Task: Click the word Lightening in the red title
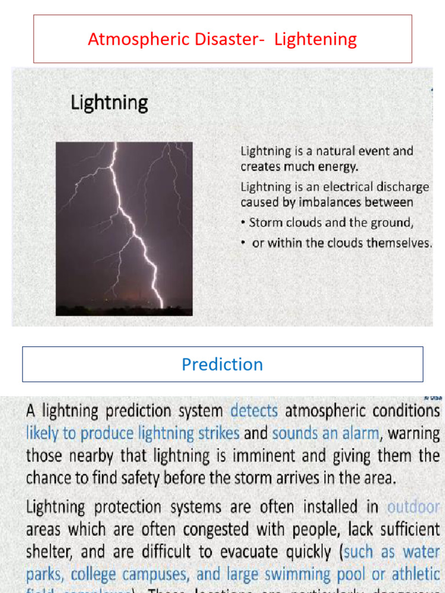pyautogui.click(x=315, y=39)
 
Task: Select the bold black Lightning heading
pyautogui.click(x=110, y=103)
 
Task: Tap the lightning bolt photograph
pyautogui.click(x=124, y=229)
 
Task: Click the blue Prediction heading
pyautogui.click(x=222, y=364)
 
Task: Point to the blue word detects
pyautogui.click(x=254, y=411)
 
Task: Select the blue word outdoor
pyautogui.click(x=413, y=507)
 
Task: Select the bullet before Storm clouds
pyautogui.click(x=243, y=223)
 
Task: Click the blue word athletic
pyautogui.click(x=415, y=574)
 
